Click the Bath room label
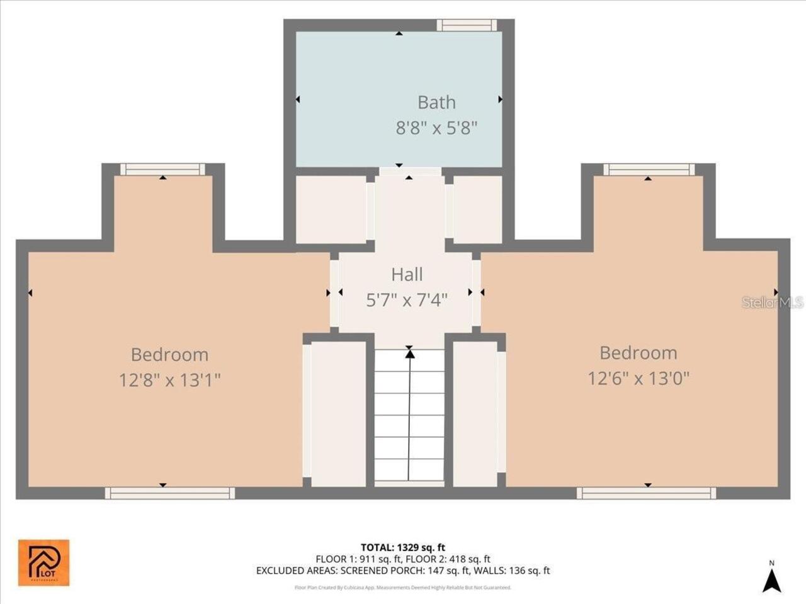tap(436, 102)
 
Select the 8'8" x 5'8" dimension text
tap(436, 128)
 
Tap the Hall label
tap(407, 274)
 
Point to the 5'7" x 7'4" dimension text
tap(407, 300)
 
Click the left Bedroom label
tap(169, 354)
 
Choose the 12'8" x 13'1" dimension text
tap(169, 381)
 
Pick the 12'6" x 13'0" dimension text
tap(639, 378)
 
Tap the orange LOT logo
tap(43, 562)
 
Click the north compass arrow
tap(771, 579)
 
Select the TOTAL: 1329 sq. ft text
tap(403, 547)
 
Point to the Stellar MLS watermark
tap(773, 303)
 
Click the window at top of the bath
tap(467, 25)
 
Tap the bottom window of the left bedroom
tap(169, 493)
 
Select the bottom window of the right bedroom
tap(645, 493)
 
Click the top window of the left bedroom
tap(162, 169)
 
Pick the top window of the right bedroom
tap(649, 169)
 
